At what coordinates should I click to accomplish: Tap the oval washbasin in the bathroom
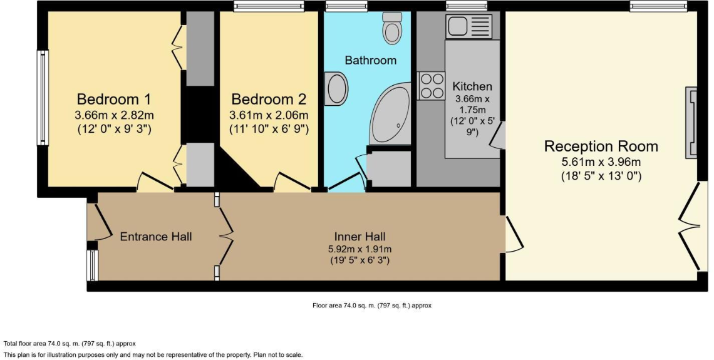[x=337, y=88]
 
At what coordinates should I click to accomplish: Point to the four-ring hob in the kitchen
[x=430, y=85]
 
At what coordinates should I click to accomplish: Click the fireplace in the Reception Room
[x=691, y=122]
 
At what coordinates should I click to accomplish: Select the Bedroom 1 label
[x=114, y=100]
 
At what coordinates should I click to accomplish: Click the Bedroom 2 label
[x=269, y=100]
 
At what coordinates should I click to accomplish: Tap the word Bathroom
[x=370, y=61]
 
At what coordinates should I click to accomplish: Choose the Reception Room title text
[x=601, y=147]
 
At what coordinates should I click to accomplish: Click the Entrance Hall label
[x=156, y=237]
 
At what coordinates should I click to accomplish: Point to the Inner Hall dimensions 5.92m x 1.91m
[x=360, y=249]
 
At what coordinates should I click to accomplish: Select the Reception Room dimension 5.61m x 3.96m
[x=601, y=162]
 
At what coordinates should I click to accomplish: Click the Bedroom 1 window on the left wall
[x=43, y=98]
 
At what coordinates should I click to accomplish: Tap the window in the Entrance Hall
[x=93, y=265]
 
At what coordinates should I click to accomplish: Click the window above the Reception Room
[x=658, y=6]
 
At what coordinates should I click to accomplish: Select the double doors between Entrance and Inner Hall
[x=219, y=236]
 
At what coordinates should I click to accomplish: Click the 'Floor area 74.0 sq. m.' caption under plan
[x=372, y=306]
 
